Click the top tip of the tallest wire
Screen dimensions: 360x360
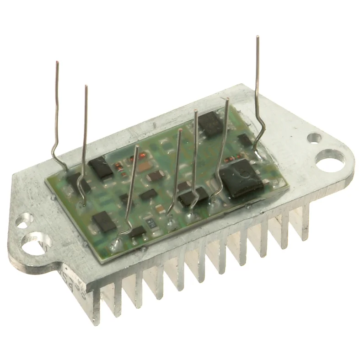pos(258,37)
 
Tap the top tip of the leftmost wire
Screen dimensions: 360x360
pos(57,62)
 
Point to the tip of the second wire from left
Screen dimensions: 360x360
pos(86,86)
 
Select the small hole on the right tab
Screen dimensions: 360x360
pos(314,137)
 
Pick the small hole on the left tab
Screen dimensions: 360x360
pos(21,223)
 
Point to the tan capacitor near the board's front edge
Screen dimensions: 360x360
pos(160,209)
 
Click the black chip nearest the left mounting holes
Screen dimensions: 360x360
pos(104,222)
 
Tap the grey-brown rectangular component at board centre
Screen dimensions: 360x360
pos(156,176)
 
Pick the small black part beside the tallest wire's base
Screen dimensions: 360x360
pos(245,140)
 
